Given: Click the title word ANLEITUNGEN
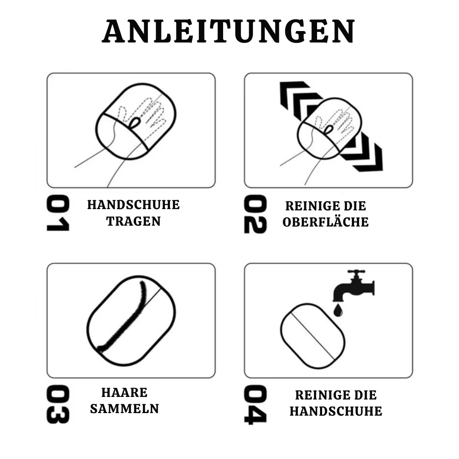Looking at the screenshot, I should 229,32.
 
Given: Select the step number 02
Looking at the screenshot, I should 255,214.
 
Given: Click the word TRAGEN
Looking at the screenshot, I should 133,221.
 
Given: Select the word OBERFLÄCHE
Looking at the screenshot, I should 326,222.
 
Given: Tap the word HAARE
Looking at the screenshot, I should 125,392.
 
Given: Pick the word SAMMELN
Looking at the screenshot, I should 125,409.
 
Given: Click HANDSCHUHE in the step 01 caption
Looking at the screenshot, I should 133,205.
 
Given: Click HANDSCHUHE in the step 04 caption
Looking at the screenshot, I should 336,411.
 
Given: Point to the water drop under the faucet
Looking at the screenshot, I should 338,311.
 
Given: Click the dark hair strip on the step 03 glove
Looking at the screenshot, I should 125,319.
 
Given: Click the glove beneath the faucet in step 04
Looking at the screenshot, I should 313,336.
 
